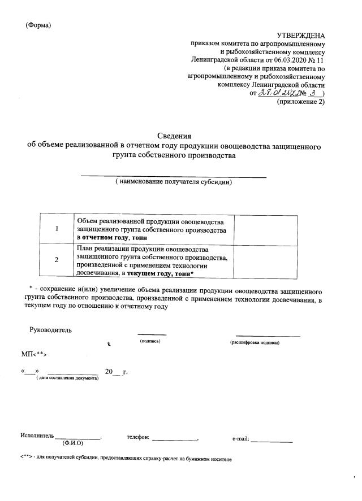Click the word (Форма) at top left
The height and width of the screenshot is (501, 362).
(38, 24)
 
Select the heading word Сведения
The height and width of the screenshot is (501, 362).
(174, 136)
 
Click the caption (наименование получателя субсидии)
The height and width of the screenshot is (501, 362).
(174, 182)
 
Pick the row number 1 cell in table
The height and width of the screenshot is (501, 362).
(57, 229)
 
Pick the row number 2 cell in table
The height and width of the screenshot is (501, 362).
(57, 260)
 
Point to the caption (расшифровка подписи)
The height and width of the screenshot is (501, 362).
(255, 343)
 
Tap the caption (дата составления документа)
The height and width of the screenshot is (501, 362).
(67, 378)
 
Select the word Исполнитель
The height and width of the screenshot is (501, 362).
(37, 436)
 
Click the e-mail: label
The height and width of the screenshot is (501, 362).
(241, 439)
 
